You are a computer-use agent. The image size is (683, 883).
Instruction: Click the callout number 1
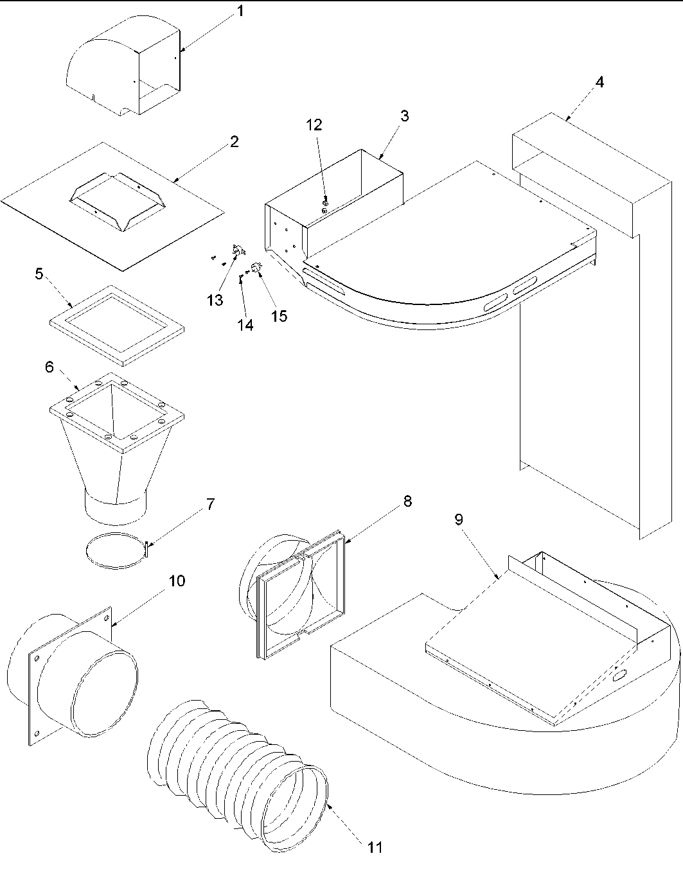[x=240, y=12]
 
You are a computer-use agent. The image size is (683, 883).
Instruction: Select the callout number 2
[x=234, y=142]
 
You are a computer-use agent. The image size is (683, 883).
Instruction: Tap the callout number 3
[x=404, y=116]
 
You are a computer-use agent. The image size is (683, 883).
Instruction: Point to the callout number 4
[x=599, y=83]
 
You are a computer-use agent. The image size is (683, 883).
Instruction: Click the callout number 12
[x=314, y=125]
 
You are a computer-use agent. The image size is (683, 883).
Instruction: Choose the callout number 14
[x=245, y=325]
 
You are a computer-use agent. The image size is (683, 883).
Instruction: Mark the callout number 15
[x=279, y=316]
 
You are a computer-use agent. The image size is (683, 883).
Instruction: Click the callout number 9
[x=459, y=520]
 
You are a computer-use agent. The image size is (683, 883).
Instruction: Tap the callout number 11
[x=375, y=848]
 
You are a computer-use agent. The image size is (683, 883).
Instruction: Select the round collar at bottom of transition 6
[x=116, y=504]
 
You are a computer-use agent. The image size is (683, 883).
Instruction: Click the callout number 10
[x=177, y=581]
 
